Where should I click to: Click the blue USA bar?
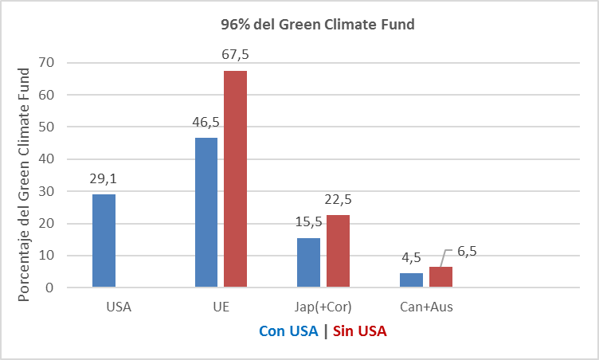[x=104, y=240]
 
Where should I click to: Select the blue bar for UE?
[x=206, y=212]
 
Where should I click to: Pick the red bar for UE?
[x=235, y=178]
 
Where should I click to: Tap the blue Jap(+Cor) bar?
[x=308, y=262]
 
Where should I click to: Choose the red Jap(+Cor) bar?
[x=338, y=251]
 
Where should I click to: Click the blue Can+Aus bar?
[x=411, y=280]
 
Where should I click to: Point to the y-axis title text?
[x=25, y=183]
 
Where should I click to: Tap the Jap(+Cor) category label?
[x=323, y=307]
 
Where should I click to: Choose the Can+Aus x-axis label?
[x=425, y=307]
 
